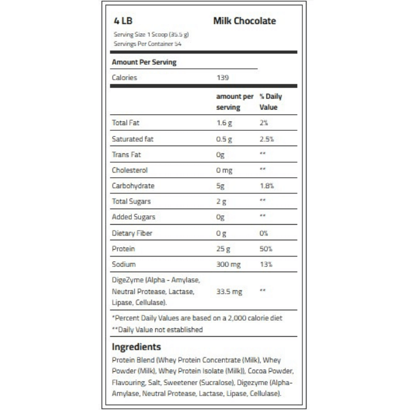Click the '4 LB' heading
tap(122, 21)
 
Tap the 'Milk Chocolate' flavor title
tap(244, 21)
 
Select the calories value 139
tap(223, 78)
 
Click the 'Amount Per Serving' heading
tap(144, 62)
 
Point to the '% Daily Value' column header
tap(270, 102)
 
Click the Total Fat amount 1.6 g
tap(225, 123)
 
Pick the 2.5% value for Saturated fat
tap(267, 139)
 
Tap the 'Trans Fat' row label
tap(127, 155)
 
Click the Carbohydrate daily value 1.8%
tap(267, 186)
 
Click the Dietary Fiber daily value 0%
tap(264, 234)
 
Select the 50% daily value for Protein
tap(266, 249)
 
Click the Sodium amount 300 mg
tap(228, 265)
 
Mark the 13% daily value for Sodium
tap(265, 265)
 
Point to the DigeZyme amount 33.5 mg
tap(229, 292)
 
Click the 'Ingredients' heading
tap(137, 347)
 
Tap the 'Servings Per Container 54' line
tap(147, 43)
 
